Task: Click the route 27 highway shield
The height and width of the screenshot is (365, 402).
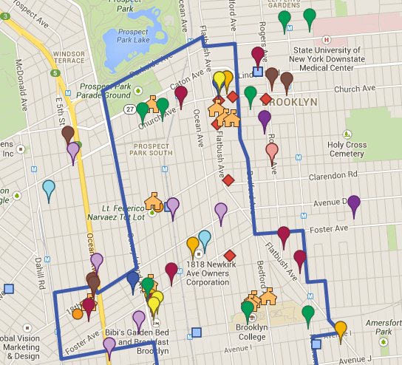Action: (129, 109)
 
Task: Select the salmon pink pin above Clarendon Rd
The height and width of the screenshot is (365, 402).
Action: (272, 152)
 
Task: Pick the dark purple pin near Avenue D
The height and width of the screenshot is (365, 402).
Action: (354, 203)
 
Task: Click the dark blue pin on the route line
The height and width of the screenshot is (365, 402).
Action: (133, 279)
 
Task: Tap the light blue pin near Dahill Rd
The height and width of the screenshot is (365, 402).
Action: (49, 188)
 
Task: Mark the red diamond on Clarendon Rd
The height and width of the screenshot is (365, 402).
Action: (228, 180)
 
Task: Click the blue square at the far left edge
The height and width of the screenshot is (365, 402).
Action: (9, 289)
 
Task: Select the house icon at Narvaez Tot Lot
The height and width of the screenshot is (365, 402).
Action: (153, 200)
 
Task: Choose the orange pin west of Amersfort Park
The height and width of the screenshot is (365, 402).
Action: (341, 327)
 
